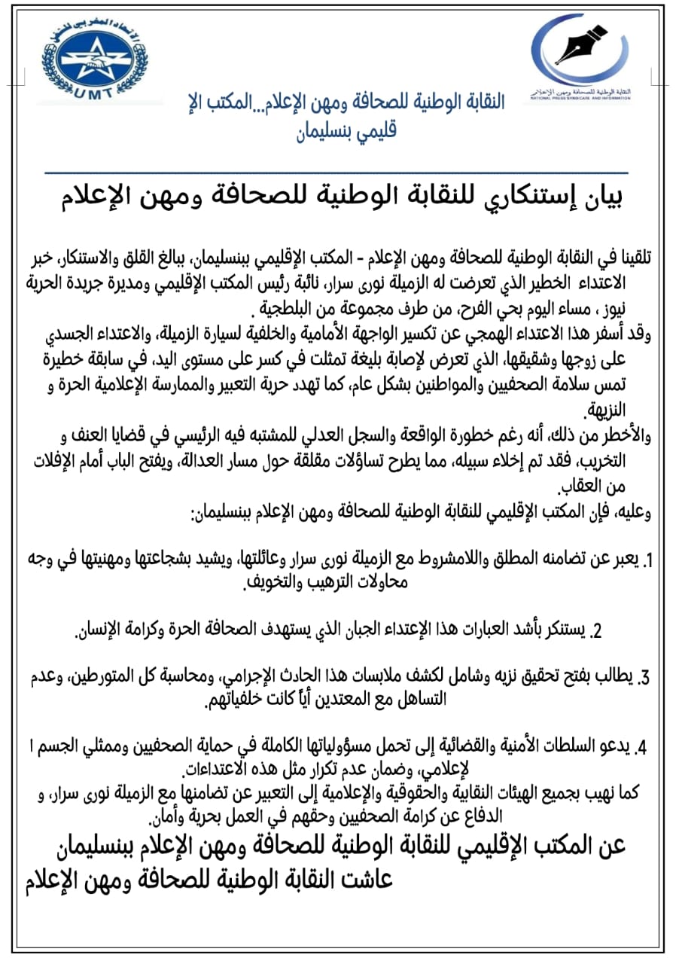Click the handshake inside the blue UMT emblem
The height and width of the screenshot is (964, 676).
pos(94,60)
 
